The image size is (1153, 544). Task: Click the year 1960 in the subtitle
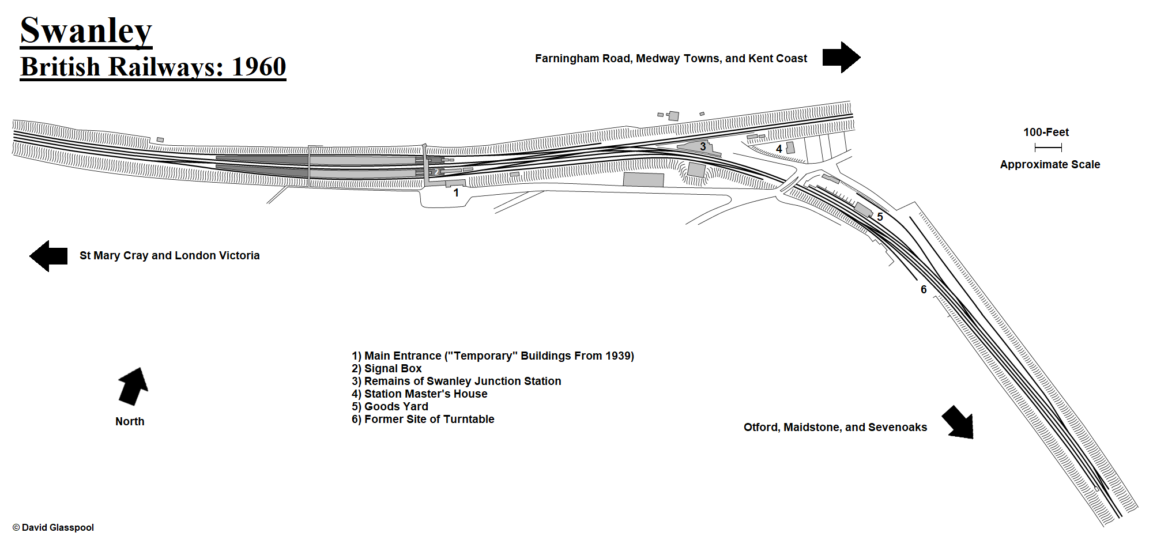(x=259, y=67)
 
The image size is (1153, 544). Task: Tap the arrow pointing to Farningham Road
(x=841, y=58)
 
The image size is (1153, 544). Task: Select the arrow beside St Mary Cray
(x=49, y=256)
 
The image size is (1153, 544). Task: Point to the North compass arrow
(x=133, y=386)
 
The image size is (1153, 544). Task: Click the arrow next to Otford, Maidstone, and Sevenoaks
(x=959, y=422)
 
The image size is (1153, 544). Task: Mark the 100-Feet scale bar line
(x=1048, y=148)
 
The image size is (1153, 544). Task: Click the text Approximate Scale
(x=1050, y=165)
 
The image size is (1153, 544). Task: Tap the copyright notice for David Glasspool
(x=53, y=528)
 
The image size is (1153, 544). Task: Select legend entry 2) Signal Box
(x=387, y=369)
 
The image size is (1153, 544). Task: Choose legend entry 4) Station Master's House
(x=420, y=394)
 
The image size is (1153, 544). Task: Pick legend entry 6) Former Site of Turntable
(x=423, y=420)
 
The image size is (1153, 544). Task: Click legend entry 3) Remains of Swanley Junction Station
(x=457, y=381)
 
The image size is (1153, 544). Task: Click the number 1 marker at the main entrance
(x=456, y=193)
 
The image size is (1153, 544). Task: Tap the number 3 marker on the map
(x=703, y=147)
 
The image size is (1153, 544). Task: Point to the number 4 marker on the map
(x=779, y=149)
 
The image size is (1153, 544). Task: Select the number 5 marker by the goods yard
(x=880, y=217)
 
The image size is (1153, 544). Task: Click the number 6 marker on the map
(x=924, y=290)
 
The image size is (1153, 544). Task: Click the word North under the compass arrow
(x=130, y=422)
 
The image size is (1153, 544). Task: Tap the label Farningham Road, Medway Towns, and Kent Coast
(x=671, y=59)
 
